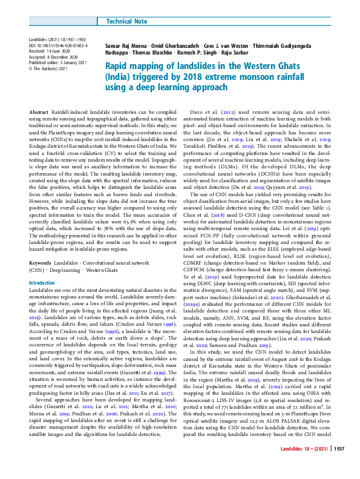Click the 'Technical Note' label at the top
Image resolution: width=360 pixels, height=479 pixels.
tap(126, 22)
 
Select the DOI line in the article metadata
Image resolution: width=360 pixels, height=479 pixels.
tap(57, 45)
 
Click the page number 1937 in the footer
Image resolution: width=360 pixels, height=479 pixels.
tap(338, 466)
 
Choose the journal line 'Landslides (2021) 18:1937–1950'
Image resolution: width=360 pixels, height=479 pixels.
tap(58, 39)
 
